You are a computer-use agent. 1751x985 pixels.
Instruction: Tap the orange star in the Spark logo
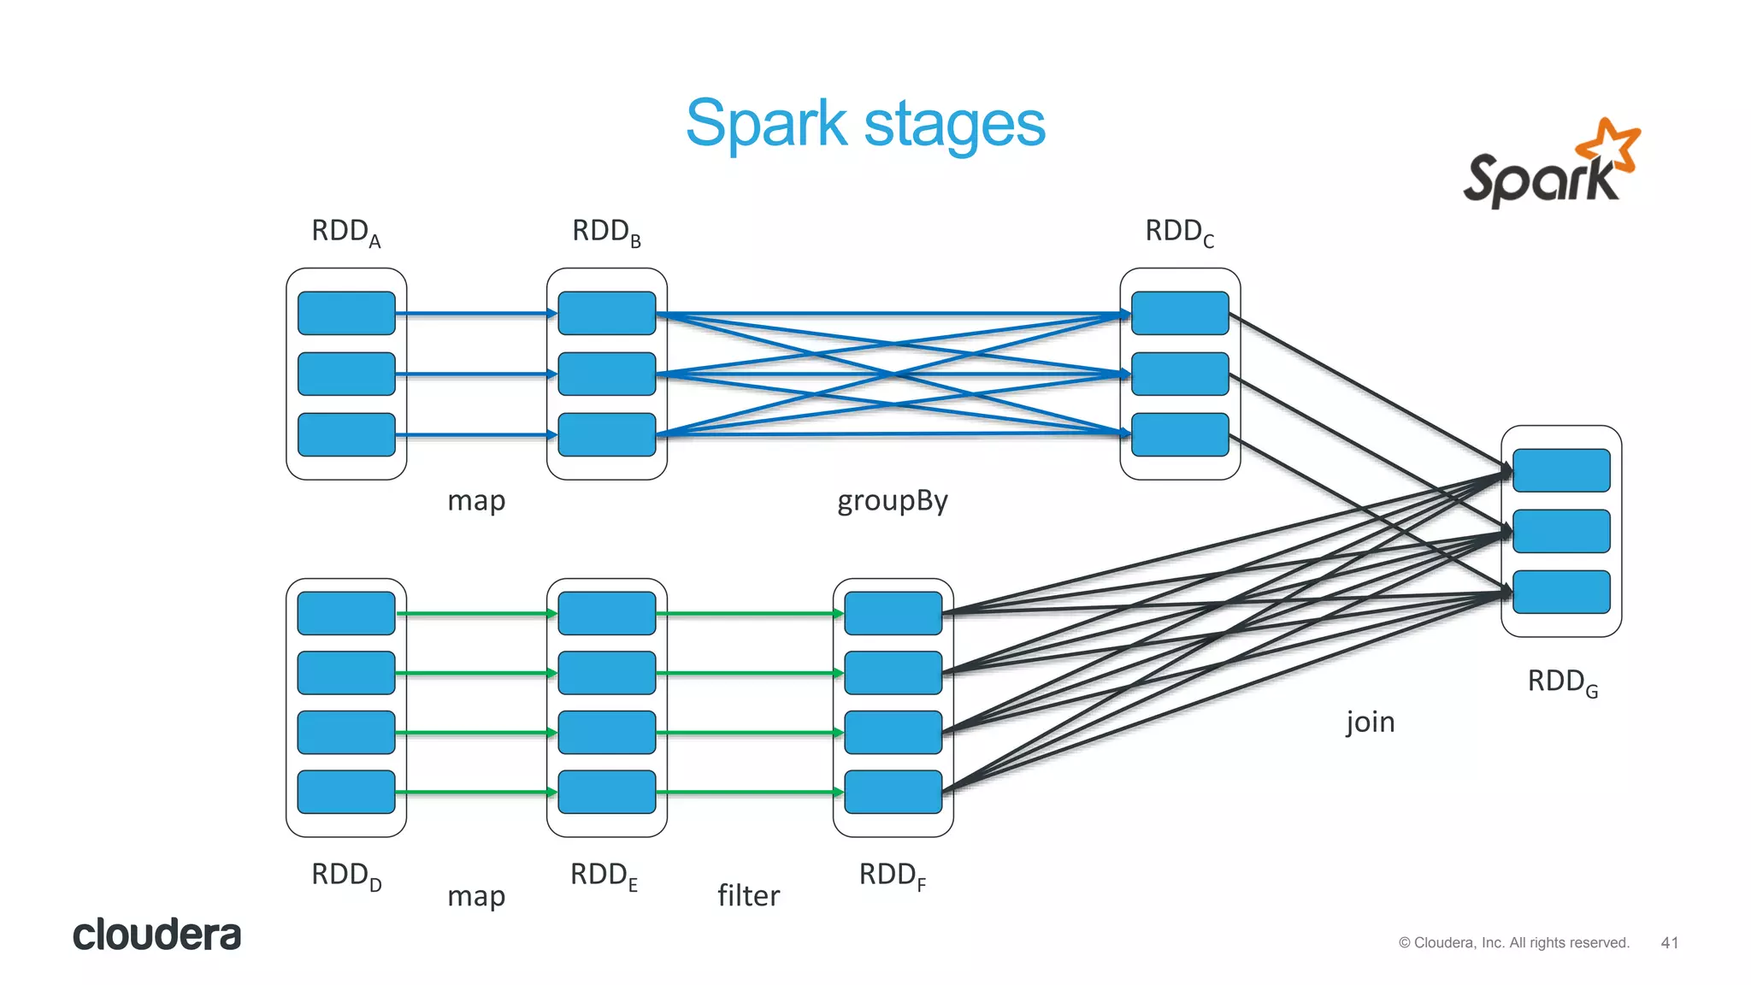pyautogui.click(x=1608, y=144)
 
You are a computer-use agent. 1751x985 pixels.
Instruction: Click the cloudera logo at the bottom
pyautogui.click(x=157, y=935)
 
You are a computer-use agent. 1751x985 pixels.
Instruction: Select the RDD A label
pyautogui.click(x=346, y=232)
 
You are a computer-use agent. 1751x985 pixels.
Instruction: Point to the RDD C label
pyautogui.click(x=1179, y=232)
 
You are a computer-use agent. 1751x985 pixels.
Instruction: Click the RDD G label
pyautogui.click(x=1562, y=682)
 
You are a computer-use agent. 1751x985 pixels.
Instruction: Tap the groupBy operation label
pyautogui.click(x=893, y=501)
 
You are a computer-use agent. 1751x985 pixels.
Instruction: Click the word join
pyautogui.click(x=1370, y=722)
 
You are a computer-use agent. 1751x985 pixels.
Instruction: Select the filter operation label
pyautogui.click(x=748, y=895)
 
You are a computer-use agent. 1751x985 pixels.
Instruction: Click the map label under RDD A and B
pyautogui.click(x=476, y=500)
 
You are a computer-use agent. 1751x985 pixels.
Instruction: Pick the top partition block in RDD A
pyautogui.click(x=346, y=313)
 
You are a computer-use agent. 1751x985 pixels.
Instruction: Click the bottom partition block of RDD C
pyautogui.click(x=1180, y=434)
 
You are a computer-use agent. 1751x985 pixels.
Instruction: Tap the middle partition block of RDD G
pyautogui.click(x=1561, y=531)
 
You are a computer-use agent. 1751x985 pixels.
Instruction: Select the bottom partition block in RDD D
pyautogui.click(x=346, y=792)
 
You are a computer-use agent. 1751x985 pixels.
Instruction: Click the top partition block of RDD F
pyautogui.click(x=893, y=613)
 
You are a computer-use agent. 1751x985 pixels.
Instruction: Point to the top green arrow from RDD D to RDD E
pyautogui.click(x=476, y=613)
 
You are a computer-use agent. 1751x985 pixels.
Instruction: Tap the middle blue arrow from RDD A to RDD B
pyautogui.click(x=476, y=374)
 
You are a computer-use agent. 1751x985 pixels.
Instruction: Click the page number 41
pyautogui.click(x=1669, y=942)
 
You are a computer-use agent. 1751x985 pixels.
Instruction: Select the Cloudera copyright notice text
pyautogui.click(x=1513, y=942)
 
